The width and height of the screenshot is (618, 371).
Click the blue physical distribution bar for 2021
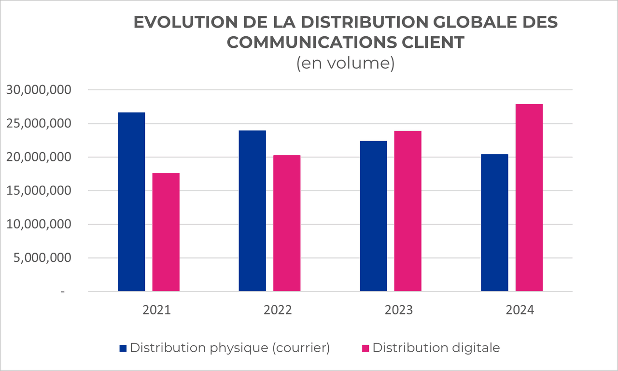[x=131, y=201]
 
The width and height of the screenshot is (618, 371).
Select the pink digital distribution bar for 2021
[x=166, y=232]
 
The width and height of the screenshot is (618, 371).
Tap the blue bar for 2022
[x=253, y=211]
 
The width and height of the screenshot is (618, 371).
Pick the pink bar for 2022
[x=287, y=223]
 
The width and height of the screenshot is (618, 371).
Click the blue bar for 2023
[x=374, y=216]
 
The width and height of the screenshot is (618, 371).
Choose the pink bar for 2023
[x=408, y=211]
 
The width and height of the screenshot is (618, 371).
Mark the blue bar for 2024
[x=495, y=223]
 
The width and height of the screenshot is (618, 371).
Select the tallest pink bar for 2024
[x=529, y=198]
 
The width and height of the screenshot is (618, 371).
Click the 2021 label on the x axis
[x=156, y=310]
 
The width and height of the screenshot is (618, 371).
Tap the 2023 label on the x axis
[x=399, y=310]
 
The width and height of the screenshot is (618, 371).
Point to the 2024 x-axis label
[x=520, y=310]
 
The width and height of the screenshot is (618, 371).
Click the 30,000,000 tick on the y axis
[x=38, y=90]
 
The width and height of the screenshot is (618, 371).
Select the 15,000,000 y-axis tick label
[x=38, y=191]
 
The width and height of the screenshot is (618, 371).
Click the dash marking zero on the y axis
[x=62, y=292]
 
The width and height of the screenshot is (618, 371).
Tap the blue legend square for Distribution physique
[x=123, y=348]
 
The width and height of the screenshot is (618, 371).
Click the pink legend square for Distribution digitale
[x=365, y=348]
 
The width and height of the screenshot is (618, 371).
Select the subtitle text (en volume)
[x=345, y=63]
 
